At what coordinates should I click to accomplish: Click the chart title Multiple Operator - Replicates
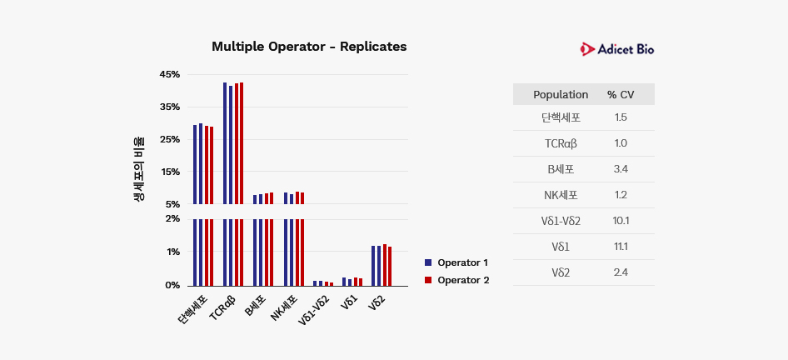point(309,47)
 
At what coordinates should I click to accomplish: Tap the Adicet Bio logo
point(617,50)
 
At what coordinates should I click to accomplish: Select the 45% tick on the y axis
point(170,75)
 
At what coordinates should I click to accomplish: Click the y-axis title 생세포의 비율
point(139,169)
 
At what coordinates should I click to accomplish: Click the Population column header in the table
point(561,95)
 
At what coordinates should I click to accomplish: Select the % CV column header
point(621,95)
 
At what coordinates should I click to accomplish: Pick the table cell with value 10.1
point(621,221)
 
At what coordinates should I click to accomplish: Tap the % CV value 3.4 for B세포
point(621,169)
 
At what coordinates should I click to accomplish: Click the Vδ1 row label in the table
point(561,247)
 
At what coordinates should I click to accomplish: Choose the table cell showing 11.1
point(621,247)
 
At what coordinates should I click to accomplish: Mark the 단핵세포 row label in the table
point(561,117)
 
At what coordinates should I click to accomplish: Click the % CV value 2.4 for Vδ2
point(621,272)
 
